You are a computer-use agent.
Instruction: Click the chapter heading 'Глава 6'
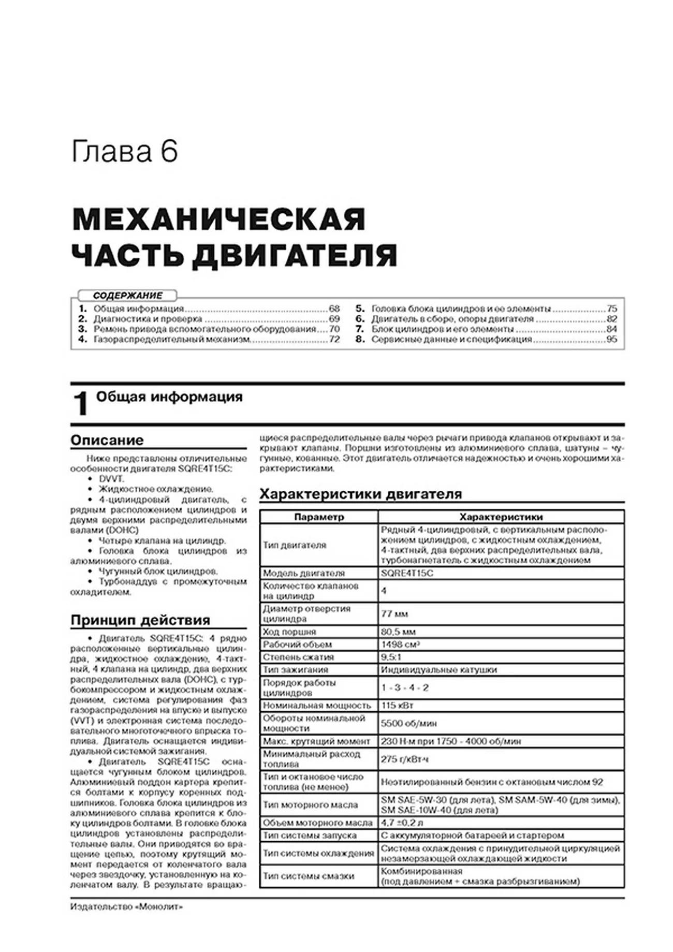pos(124,152)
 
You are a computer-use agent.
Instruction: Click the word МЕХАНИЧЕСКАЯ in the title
pos(219,220)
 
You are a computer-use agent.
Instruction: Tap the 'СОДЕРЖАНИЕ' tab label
pos(127,296)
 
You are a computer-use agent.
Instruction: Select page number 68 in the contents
pos(334,309)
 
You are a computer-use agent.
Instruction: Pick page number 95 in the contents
pos(611,340)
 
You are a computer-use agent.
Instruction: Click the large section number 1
pos(80,404)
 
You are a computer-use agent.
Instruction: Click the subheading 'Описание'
pos(107,441)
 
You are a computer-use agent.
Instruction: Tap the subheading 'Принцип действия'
pos(140,620)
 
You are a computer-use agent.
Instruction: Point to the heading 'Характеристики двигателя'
pos(360,494)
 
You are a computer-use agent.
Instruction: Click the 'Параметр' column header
pos(319,517)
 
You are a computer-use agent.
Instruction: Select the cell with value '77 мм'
pos(394,614)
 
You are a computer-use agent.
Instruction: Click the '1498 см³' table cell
pos(400,645)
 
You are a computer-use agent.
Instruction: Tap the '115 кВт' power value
pos(397,706)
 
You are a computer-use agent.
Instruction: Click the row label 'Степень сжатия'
pos(298,657)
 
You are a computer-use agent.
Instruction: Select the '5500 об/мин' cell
pos(409,723)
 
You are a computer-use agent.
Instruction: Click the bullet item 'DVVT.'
pos(111,479)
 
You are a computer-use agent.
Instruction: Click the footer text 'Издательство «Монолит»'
pos(126,907)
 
